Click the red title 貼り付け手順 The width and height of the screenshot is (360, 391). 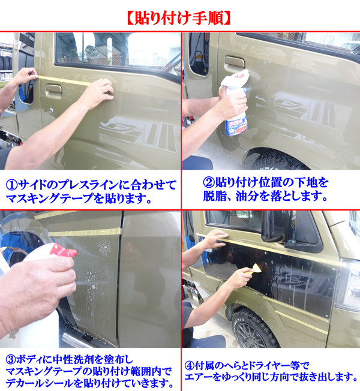(x=179, y=19)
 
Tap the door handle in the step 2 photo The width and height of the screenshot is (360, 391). (x=234, y=62)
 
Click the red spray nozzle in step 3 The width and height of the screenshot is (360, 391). (x=63, y=251)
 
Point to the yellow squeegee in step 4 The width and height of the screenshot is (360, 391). (x=253, y=269)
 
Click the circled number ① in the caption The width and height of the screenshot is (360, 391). (x=12, y=185)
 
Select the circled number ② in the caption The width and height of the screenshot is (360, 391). (x=209, y=183)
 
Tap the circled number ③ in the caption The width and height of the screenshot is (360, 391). (x=11, y=360)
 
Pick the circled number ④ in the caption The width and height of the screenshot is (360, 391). (x=190, y=366)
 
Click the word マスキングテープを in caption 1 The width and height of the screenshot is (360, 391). (x=55, y=198)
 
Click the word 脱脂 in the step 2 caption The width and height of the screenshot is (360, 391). (x=214, y=196)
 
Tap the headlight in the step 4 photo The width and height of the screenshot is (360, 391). (x=348, y=284)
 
